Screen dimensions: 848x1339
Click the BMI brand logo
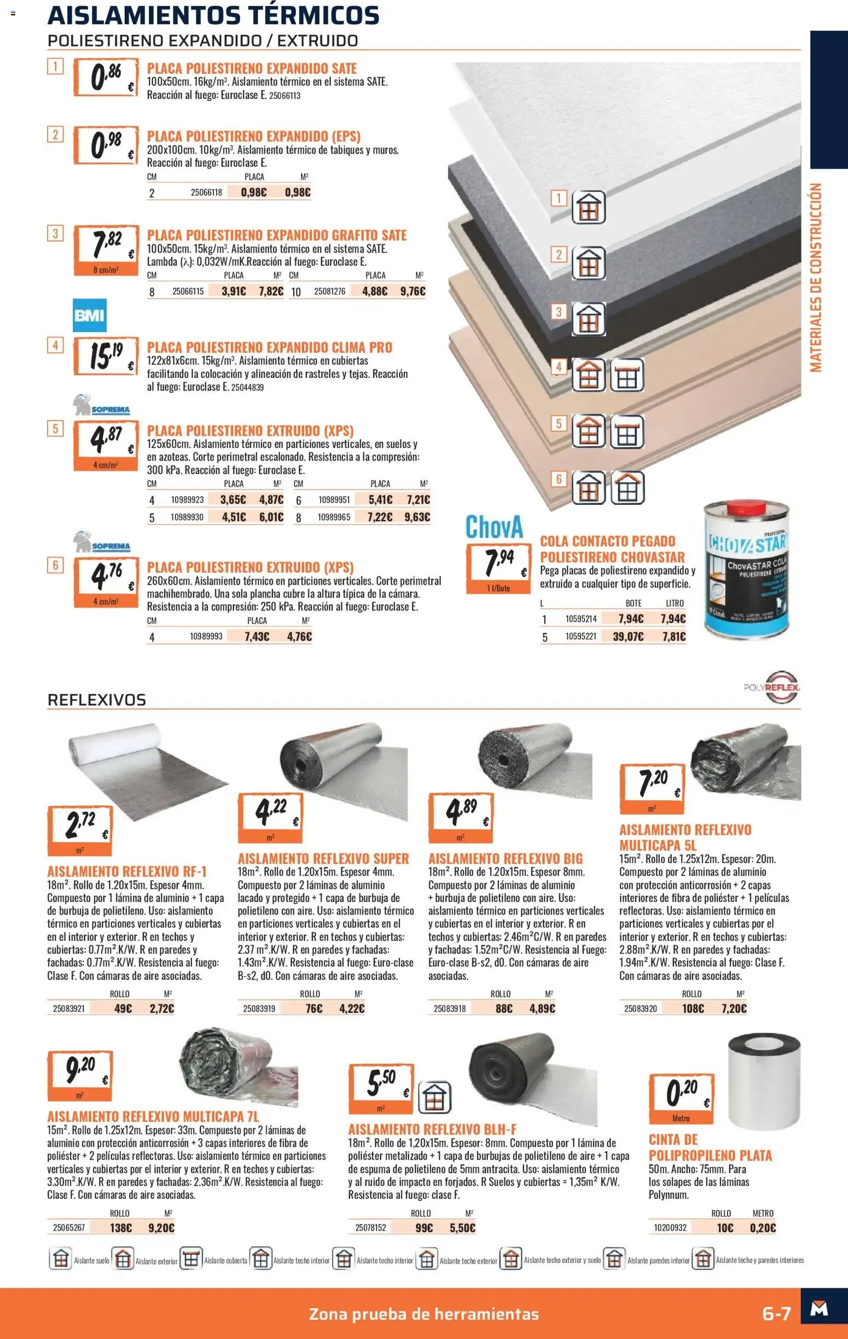point(90,315)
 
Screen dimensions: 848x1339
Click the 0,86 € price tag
point(106,78)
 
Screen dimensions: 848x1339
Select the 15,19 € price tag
point(106,356)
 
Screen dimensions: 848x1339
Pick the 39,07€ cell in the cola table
point(629,636)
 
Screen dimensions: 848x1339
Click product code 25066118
point(206,193)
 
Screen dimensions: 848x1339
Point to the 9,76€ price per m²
point(413,291)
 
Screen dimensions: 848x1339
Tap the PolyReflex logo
point(773,688)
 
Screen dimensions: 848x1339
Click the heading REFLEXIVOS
point(97,700)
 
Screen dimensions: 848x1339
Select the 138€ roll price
point(121,1227)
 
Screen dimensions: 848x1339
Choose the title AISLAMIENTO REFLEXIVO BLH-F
point(432,1130)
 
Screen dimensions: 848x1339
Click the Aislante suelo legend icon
point(60,1260)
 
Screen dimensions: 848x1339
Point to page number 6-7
point(776,1313)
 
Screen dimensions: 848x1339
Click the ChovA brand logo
point(495,527)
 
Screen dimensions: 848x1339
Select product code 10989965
point(334,517)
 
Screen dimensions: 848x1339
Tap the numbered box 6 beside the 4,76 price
point(55,566)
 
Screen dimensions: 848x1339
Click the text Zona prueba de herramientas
point(423,1314)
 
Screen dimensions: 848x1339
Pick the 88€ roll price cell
point(504,1008)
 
